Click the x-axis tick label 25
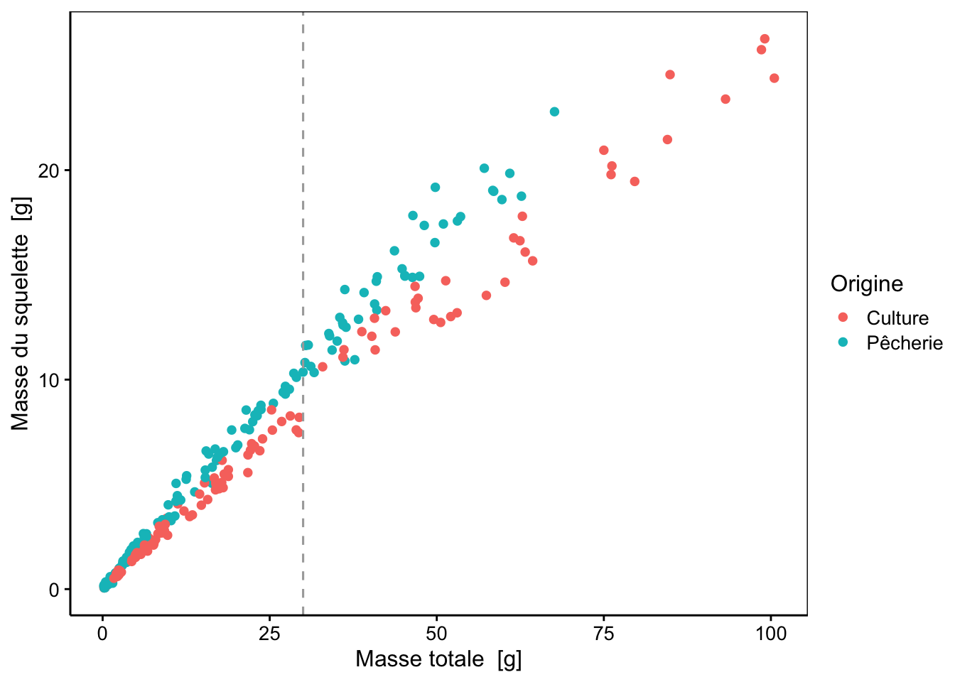pos(269,634)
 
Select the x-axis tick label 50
pos(436,634)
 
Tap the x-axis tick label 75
pos(604,634)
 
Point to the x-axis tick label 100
pos(771,634)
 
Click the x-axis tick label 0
pos(102,634)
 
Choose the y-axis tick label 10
pos(48,380)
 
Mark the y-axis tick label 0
pos(54,590)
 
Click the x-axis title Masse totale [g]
pos(438,659)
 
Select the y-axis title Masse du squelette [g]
pos(21,313)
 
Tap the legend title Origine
pos(867,284)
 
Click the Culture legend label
pos(897,318)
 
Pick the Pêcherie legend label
pos(905,342)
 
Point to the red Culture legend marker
pos(843,317)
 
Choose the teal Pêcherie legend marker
pos(843,342)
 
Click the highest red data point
pos(765,39)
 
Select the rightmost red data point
pos(775,78)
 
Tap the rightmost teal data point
pos(554,112)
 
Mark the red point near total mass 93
pos(725,99)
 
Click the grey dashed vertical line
pos(303,313)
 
